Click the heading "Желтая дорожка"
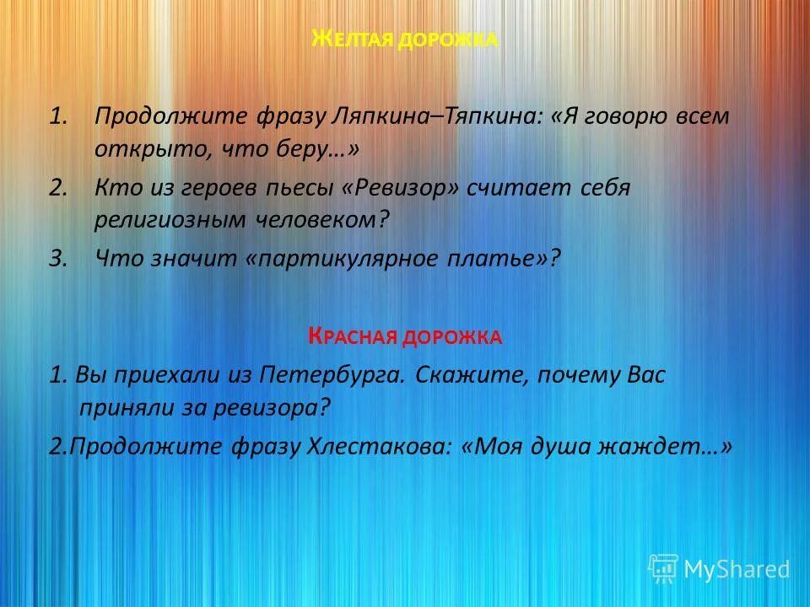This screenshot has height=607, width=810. (405, 39)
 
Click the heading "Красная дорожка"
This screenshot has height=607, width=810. (405, 337)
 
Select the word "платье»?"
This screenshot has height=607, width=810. (505, 260)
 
